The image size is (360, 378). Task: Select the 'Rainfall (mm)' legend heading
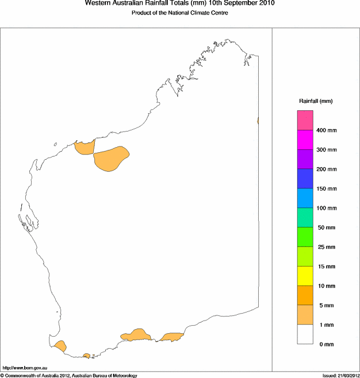pyautogui.click(x=316, y=101)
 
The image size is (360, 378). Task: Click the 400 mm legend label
pyautogui.click(x=326, y=130)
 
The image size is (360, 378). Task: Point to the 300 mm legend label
pyautogui.click(x=326, y=150)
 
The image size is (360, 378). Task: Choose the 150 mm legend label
pyautogui.click(x=326, y=189)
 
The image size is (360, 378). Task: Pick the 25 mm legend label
pyautogui.click(x=326, y=247)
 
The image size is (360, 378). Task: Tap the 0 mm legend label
pyautogui.click(x=326, y=344)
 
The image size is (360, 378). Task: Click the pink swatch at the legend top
pyautogui.click(x=305, y=121)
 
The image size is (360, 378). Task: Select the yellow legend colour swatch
pyautogui.click(x=305, y=276)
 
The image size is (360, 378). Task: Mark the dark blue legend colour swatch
pyautogui.click(x=305, y=179)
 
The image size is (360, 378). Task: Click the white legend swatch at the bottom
pyautogui.click(x=305, y=334)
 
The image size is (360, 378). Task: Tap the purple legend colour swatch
pyautogui.click(x=305, y=159)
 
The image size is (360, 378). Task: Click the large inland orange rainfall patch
pyautogui.click(x=111, y=158)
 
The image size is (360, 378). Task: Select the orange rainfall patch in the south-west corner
pyautogui.click(x=60, y=346)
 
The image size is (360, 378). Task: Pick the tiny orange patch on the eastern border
pyautogui.click(x=258, y=121)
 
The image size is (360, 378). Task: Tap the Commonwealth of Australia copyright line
pyautogui.click(x=69, y=375)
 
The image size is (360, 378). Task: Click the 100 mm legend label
pyautogui.click(x=326, y=208)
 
